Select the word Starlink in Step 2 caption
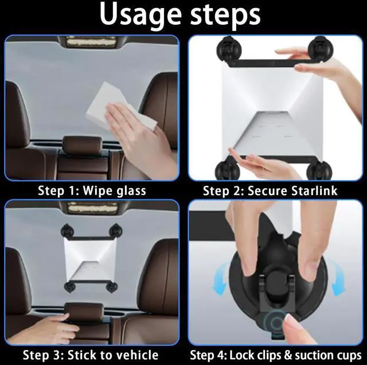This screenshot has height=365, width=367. point(314,191)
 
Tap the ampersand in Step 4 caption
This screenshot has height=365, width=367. point(288,355)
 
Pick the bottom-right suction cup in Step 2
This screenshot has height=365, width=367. point(319,170)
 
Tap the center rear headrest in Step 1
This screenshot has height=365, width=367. point(83,143)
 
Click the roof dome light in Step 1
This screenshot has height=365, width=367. point(91,42)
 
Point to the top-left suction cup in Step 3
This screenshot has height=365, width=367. point(67,230)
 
